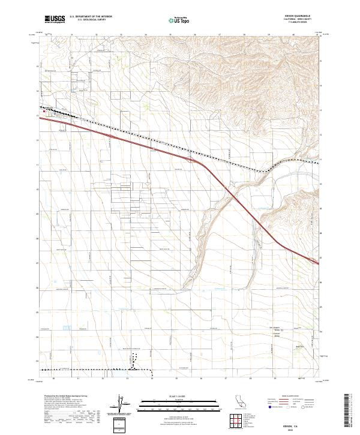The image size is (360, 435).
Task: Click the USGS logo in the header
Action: click(x=55, y=19)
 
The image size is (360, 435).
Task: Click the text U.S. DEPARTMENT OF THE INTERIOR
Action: click(x=91, y=17)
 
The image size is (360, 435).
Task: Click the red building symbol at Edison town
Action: click(x=44, y=110)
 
